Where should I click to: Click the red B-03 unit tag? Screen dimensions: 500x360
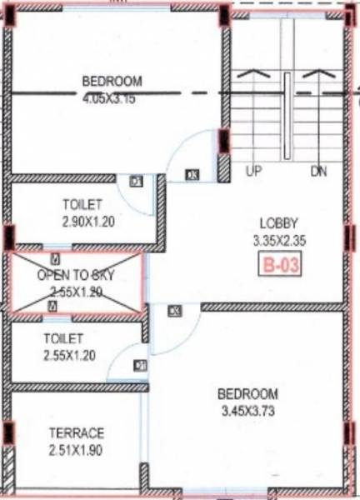click(x=279, y=268)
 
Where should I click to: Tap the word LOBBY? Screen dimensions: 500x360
click(x=278, y=223)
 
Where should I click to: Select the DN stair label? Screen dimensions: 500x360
click(x=319, y=172)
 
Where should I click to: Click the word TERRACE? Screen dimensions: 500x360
click(x=76, y=433)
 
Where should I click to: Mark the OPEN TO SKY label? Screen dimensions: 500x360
click(x=76, y=275)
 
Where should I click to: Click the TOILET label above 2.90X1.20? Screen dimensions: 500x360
click(x=82, y=204)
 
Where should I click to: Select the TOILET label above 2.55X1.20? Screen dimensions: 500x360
click(x=63, y=338)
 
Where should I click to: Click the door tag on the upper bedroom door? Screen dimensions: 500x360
click(x=193, y=175)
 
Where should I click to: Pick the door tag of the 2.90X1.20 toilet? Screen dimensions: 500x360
click(x=137, y=181)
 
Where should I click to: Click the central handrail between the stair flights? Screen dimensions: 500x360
click(x=286, y=117)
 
